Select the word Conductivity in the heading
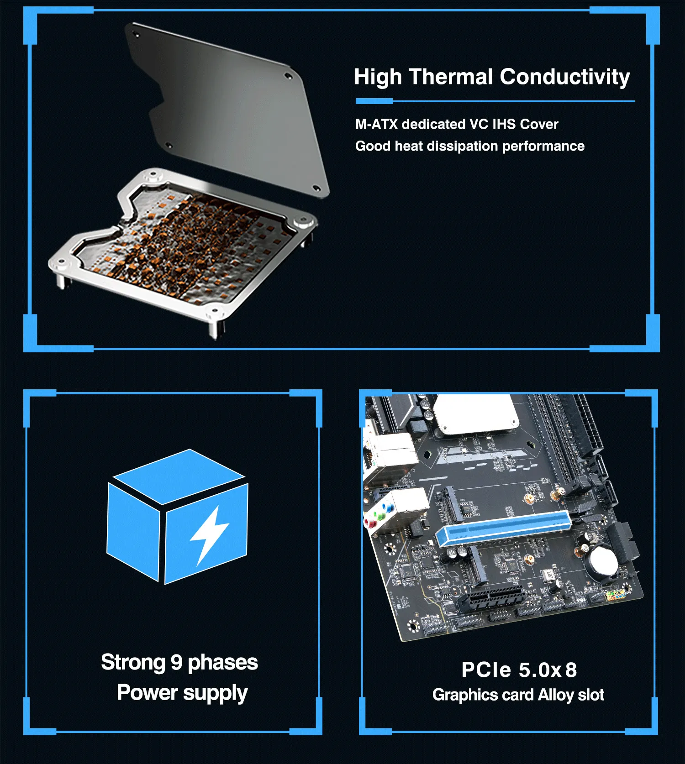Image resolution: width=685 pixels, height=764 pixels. (565, 77)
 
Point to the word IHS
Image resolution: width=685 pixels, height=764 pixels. (504, 124)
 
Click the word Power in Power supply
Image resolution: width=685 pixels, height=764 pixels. (147, 692)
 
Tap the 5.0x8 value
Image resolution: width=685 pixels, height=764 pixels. (548, 670)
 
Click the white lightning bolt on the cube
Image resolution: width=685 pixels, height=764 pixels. (209, 535)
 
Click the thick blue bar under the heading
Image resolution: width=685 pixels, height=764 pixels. (374, 101)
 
